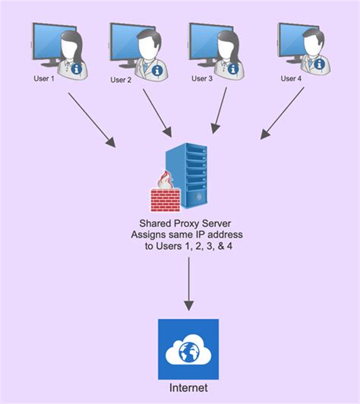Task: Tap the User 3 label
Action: [202, 78]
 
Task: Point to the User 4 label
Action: [291, 78]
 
